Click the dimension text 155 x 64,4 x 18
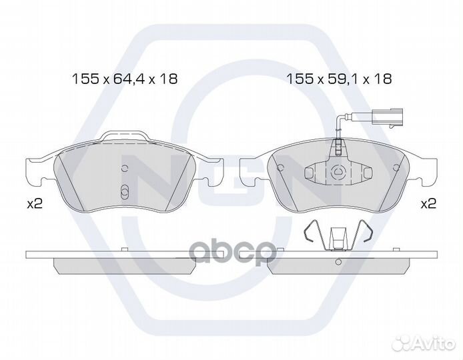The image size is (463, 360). click(x=125, y=79)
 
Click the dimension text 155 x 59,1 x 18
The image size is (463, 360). click(x=340, y=79)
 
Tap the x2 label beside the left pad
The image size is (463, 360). click(x=35, y=203)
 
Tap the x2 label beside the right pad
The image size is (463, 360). click(x=428, y=203)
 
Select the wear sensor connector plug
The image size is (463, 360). click(x=387, y=118)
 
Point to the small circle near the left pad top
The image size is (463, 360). click(x=125, y=169)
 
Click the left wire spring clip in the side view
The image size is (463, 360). click(x=311, y=231)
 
